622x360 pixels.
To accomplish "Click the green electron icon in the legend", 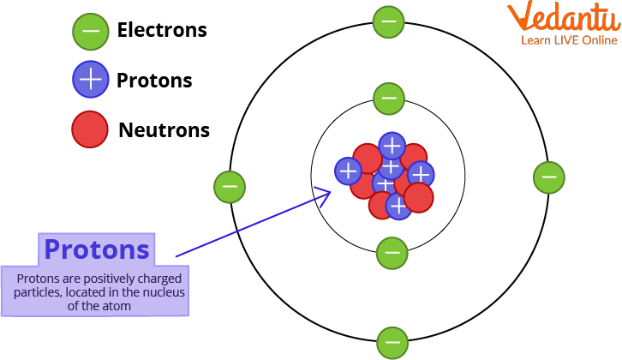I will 89,31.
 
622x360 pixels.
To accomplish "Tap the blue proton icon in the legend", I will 90,81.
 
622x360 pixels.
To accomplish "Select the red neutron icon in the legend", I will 90,129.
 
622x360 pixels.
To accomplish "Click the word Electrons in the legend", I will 162,30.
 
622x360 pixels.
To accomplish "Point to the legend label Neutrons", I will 164,130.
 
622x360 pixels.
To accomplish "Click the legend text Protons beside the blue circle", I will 154,81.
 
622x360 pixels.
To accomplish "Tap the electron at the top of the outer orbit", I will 388,21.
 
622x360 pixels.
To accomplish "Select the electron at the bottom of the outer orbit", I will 392,343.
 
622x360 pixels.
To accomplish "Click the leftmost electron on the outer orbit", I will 229,185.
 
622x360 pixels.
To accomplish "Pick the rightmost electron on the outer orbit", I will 548,177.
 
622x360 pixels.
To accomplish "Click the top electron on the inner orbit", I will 390,99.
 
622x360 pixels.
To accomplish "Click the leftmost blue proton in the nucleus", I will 348,171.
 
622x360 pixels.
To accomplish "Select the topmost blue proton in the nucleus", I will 392,146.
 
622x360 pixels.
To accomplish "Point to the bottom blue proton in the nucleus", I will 397,206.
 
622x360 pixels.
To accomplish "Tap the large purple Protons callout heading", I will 96,249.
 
